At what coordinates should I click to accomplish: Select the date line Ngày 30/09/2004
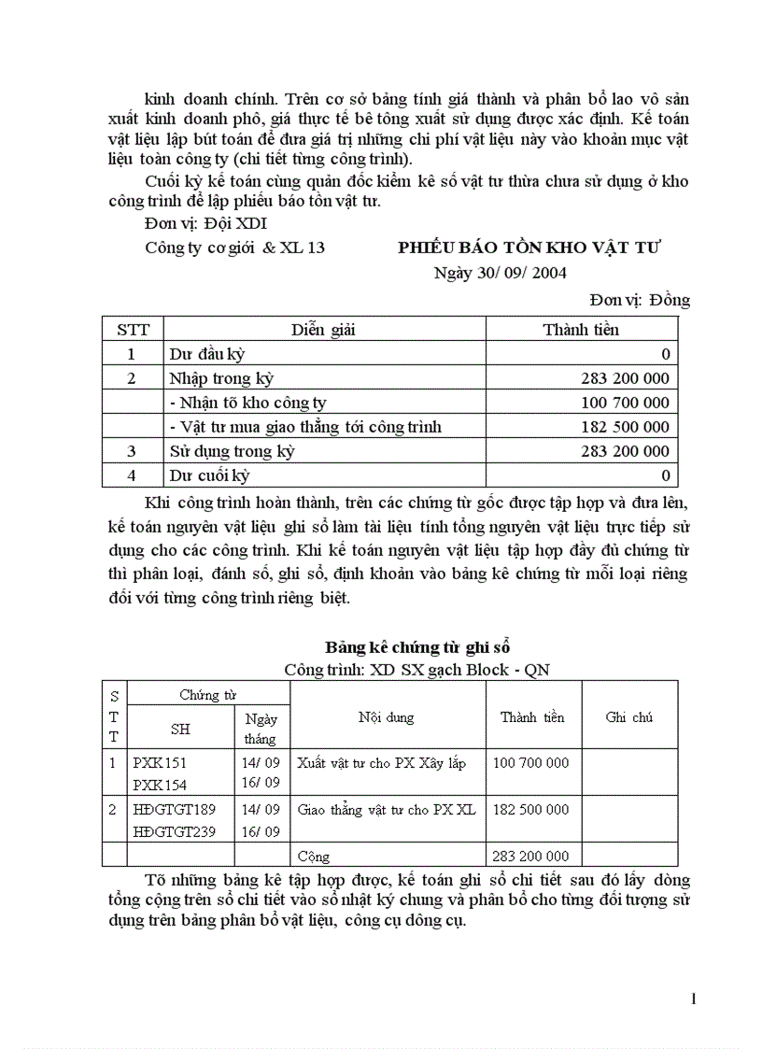pyautogui.click(x=500, y=273)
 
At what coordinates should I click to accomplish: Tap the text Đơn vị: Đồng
pyautogui.click(x=640, y=299)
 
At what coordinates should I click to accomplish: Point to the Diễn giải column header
pyautogui.click(x=323, y=329)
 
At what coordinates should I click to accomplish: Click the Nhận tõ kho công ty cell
pyautogui.click(x=247, y=403)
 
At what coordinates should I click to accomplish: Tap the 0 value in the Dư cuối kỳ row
pyautogui.click(x=665, y=475)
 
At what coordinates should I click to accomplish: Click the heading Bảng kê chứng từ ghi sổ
pyautogui.click(x=416, y=646)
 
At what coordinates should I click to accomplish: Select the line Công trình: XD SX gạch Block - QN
pyautogui.click(x=416, y=670)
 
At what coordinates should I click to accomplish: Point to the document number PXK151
pyautogui.click(x=160, y=762)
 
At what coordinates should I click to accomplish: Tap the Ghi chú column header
pyautogui.click(x=628, y=717)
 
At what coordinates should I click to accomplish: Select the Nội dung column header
pyautogui.click(x=386, y=717)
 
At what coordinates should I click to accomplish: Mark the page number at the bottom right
pyautogui.click(x=693, y=999)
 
